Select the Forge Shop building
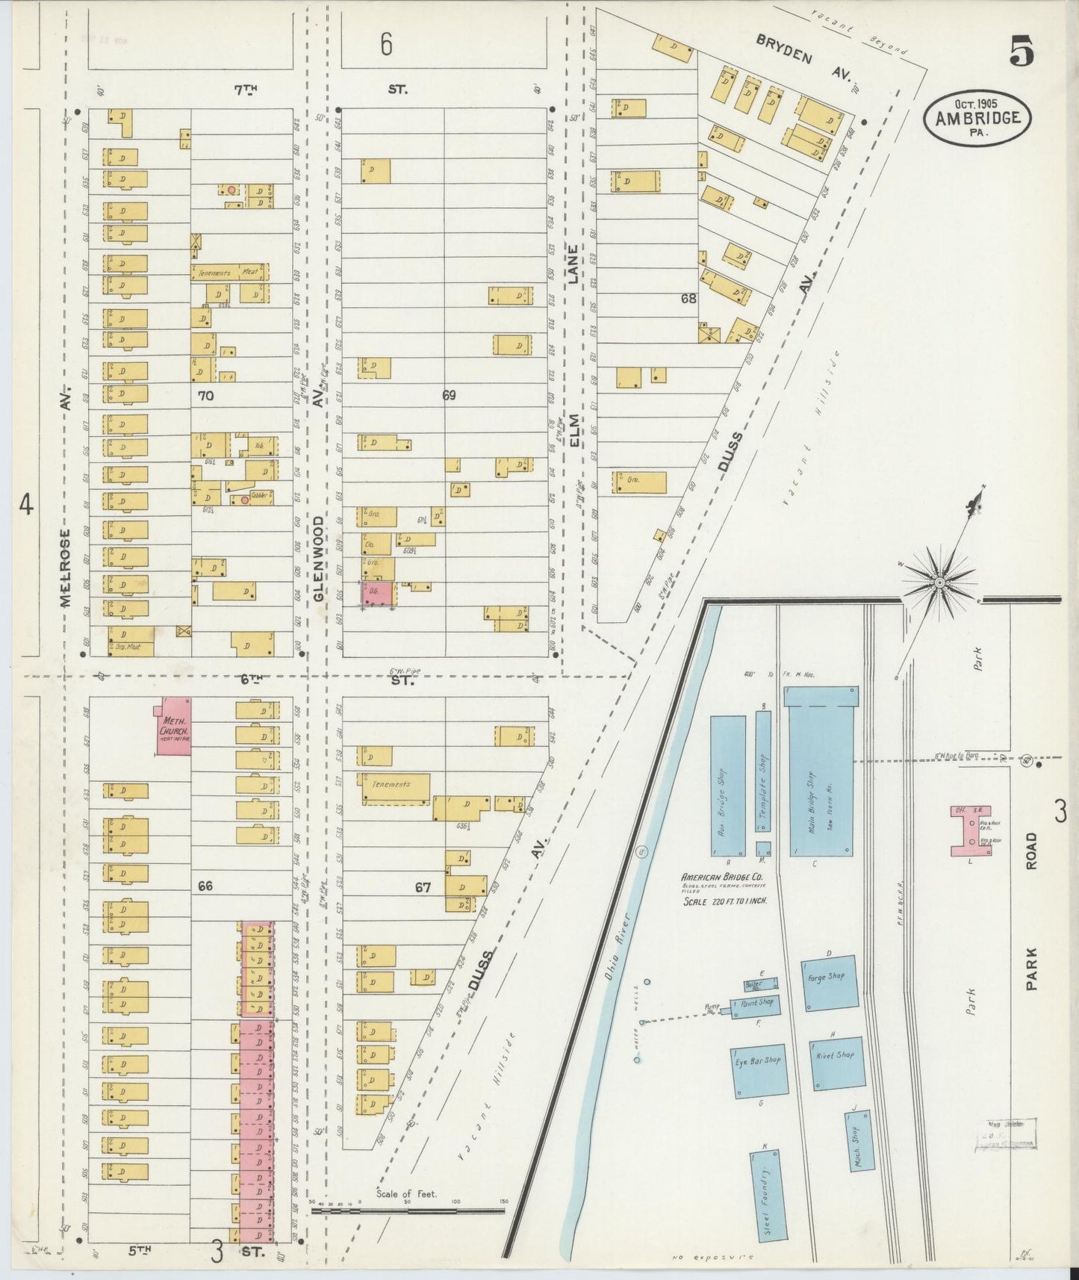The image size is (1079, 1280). coord(830,983)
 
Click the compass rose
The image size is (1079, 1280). coord(939,581)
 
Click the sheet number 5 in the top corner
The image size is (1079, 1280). coord(1022,52)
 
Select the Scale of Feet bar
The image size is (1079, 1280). coord(409,1208)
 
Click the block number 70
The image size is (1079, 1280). coord(205,396)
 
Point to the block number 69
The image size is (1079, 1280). coord(448,396)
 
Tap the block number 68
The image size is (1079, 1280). coord(688,299)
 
